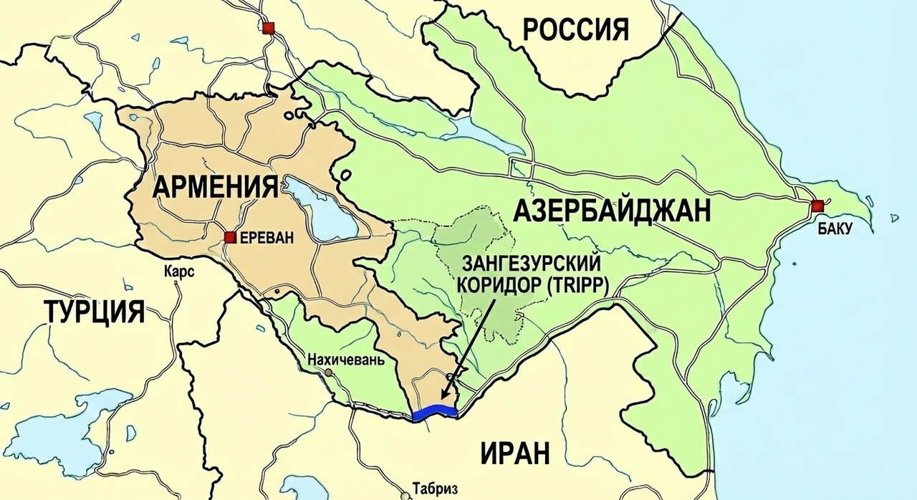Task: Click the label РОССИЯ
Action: pyautogui.click(x=575, y=30)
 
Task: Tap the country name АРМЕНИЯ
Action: pyautogui.click(x=216, y=187)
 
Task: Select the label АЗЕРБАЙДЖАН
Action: pyautogui.click(x=613, y=211)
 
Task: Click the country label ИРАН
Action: pyautogui.click(x=515, y=453)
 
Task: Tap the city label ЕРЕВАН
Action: pyautogui.click(x=267, y=238)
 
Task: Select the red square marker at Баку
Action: pyautogui.click(x=817, y=206)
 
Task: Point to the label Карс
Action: pyautogui.click(x=179, y=274)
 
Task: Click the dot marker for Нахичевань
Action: pyautogui.click(x=329, y=373)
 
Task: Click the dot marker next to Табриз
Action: pyautogui.click(x=407, y=494)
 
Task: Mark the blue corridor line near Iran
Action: pyautogui.click(x=434, y=412)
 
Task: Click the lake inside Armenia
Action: pyautogui.click(x=320, y=210)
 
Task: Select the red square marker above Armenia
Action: pyautogui.click(x=268, y=28)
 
